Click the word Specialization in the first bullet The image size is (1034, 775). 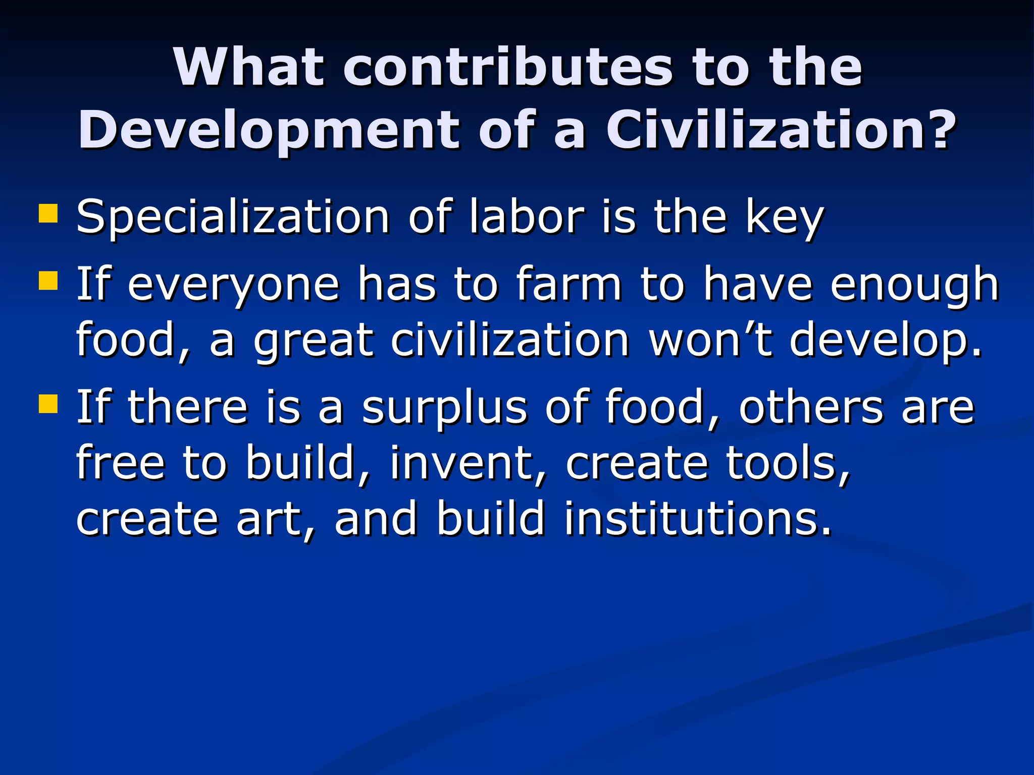pos(233,217)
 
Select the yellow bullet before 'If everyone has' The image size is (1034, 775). pos(48,281)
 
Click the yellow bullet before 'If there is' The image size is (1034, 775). pos(48,403)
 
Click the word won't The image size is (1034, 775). pos(710,340)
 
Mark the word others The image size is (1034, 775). pos(811,407)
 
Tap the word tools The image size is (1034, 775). pos(788,463)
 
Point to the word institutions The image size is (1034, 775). pos(697,518)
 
